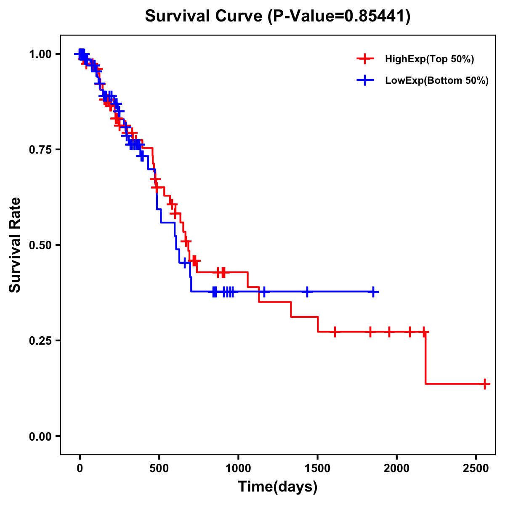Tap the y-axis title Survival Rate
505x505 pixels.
(15, 245)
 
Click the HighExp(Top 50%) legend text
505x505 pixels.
(430, 59)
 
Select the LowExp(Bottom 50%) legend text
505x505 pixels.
(437, 81)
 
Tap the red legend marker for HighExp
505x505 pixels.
(365, 59)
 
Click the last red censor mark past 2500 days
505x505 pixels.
(485, 384)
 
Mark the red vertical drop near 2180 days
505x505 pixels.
(425, 358)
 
